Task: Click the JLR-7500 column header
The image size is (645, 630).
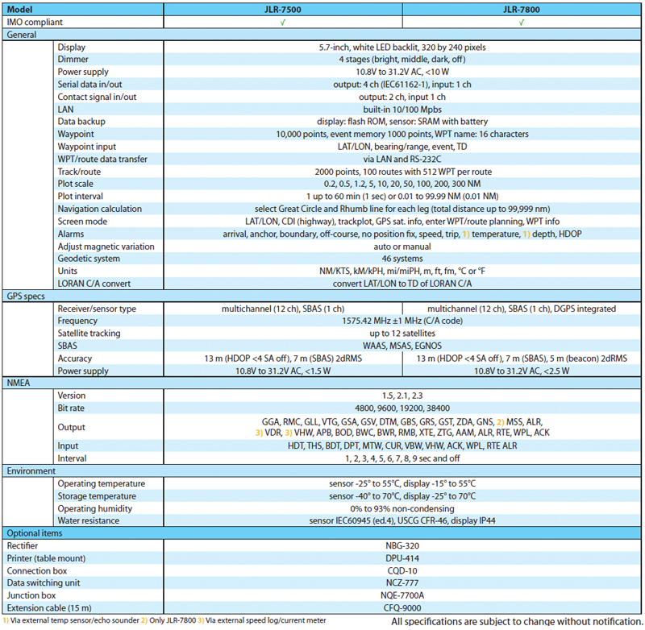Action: [282, 10]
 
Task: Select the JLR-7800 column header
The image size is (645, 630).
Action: [522, 10]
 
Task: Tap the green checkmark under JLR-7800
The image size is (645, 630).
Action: [522, 23]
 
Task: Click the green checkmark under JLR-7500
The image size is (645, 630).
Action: [282, 23]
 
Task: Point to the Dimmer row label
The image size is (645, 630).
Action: [73, 60]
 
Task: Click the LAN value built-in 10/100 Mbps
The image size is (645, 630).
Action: [402, 109]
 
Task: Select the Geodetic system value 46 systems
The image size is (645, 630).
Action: [402, 259]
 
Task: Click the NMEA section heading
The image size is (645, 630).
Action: [19, 383]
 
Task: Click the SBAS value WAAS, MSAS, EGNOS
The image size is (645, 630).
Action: [402, 346]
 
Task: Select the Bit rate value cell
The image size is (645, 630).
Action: [402, 408]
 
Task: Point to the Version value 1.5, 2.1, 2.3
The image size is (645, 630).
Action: [402, 396]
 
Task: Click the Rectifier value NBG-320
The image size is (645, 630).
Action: [402, 545]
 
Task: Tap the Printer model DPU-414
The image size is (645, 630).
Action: [402, 557]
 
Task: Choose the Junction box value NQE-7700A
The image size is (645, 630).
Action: [402, 595]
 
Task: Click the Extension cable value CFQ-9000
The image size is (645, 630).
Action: [402, 607]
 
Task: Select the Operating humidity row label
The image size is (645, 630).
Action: [99, 508]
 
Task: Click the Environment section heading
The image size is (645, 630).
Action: [31, 470]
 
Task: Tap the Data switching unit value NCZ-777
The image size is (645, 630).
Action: [402, 582]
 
